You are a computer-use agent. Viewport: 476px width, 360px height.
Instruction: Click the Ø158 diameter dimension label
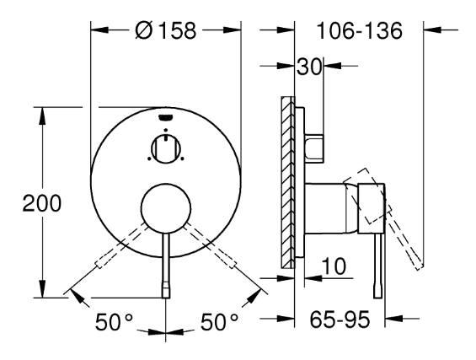[166, 30]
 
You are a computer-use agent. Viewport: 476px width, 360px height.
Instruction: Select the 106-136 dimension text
[359, 30]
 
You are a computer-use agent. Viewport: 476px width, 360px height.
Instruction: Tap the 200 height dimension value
[42, 203]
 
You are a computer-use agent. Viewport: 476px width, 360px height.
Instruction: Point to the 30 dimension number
[308, 67]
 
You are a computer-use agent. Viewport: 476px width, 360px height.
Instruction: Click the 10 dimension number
[334, 266]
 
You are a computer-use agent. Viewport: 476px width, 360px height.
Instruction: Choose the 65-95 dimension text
[340, 320]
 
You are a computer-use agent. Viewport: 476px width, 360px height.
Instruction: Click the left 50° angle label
[114, 322]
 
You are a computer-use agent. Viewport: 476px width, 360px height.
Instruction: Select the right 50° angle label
[219, 322]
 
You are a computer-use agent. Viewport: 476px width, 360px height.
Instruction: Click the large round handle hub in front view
[166, 209]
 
